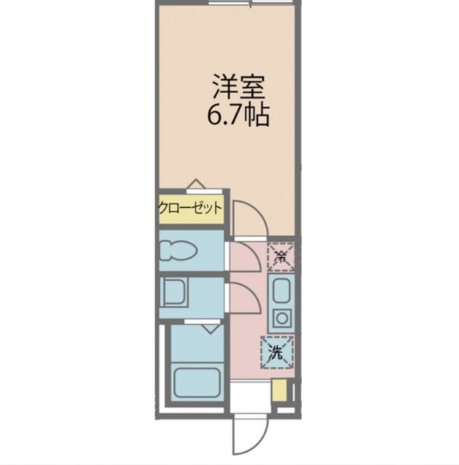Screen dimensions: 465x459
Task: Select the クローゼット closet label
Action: pyautogui.click(x=190, y=209)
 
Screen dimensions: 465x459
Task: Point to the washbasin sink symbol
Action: pyautogui.click(x=174, y=294)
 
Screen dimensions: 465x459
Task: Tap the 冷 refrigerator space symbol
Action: pyautogui.click(x=280, y=255)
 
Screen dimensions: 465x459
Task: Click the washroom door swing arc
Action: pyautogui.click(x=245, y=298)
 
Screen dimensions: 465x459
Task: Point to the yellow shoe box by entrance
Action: pyautogui.click(x=279, y=390)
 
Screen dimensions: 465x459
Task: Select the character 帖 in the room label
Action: pyautogui.click(x=257, y=114)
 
